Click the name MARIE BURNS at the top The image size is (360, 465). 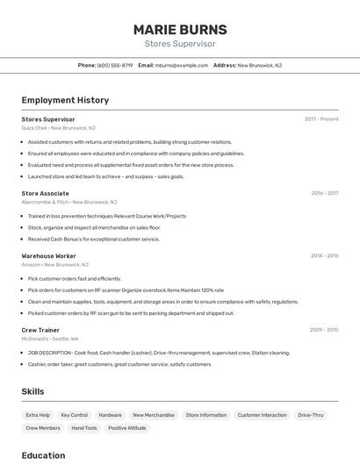coord(180,29)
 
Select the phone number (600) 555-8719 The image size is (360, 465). coord(115,65)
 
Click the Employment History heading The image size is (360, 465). coord(65,100)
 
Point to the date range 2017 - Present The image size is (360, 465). coord(321,119)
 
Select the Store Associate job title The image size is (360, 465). coord(45,193)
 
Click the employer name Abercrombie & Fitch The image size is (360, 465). coord(45,202)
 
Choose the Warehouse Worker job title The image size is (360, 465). coord(49,255)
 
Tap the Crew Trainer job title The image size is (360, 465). coord(41,330)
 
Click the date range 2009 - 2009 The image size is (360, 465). coord(324,330)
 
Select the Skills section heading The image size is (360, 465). coord(33,391)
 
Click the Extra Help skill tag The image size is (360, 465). coord(38,415)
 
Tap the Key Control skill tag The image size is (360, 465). coord(74,415)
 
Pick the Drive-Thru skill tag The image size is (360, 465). coord(311,415)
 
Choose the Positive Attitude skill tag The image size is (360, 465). coord(127,428)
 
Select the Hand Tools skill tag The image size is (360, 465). coord(84,428)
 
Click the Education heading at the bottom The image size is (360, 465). coord(44,455)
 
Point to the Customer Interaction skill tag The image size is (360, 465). coord(262,415)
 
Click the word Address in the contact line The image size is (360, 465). coord(225,65)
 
